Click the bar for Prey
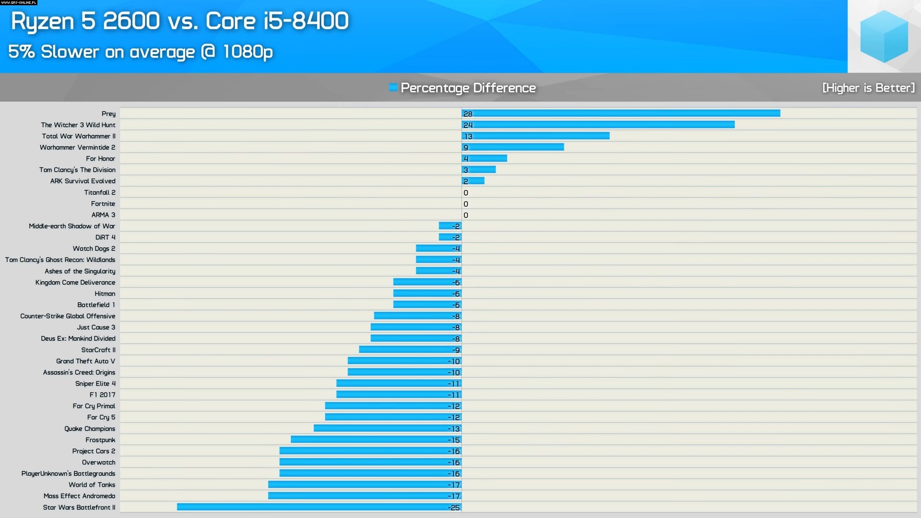[621, 114]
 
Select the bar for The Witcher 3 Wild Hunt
[598, 125]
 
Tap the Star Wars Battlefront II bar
[319, 507]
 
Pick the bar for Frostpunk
[376, 440]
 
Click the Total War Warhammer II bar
[535, 136]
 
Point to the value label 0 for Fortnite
[466, 204]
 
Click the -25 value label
[454, 507]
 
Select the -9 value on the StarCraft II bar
[456, 350]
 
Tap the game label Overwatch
[98, 462]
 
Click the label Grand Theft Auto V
[85, 361]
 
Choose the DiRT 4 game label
[105, 237]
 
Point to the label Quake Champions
[90, 429]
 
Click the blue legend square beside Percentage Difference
[393, 87]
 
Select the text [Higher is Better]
[868, 88]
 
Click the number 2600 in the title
[131, 21]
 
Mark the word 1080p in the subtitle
[248, 52]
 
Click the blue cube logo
[884, 36]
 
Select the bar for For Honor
[484, 159]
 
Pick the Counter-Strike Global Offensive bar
[417, 316]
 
